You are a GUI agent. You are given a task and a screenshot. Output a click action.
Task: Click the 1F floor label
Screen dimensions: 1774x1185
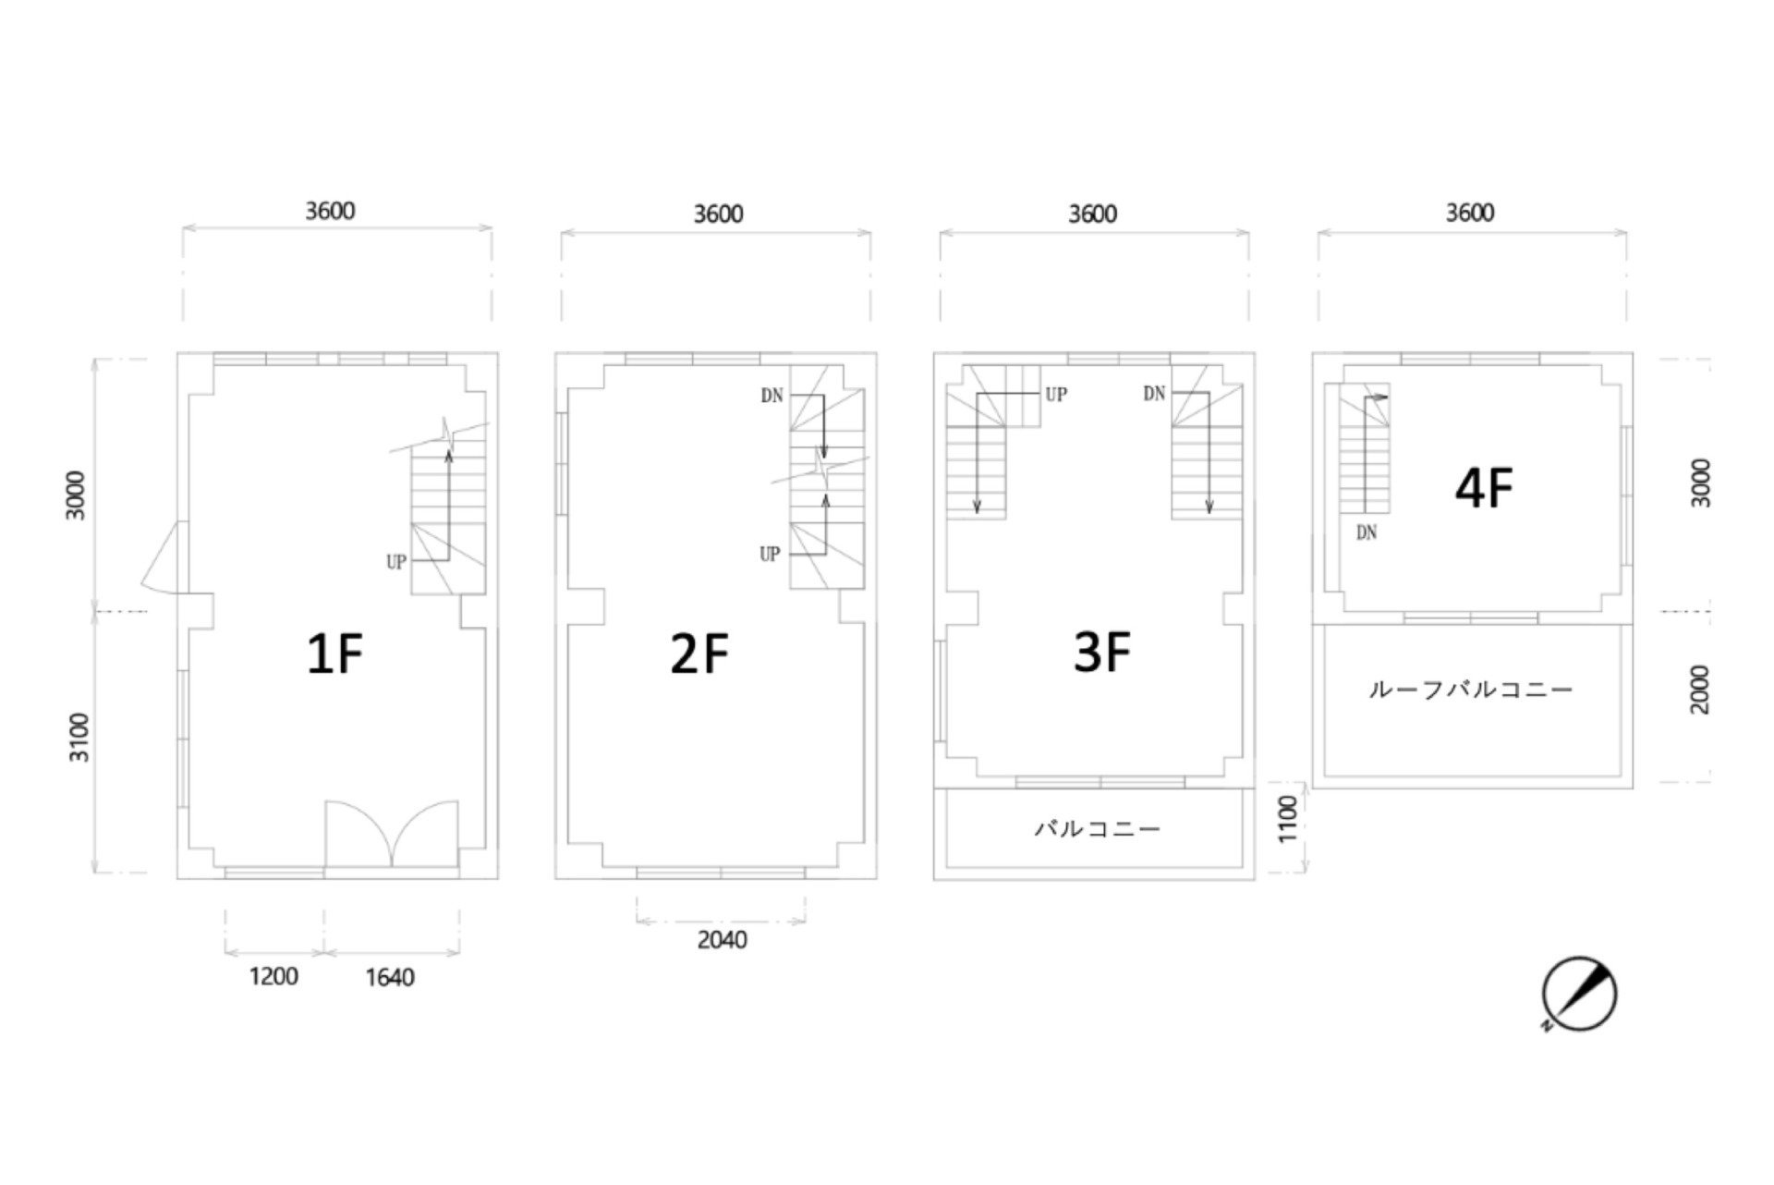pyautogui.click(x=334, y=654)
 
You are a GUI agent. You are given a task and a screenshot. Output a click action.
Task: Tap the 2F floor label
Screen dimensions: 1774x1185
pyautogui.click(x=699, y=654)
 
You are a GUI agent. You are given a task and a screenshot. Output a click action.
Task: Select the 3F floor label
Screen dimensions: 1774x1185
pyautogui.click(x=1102, y=652)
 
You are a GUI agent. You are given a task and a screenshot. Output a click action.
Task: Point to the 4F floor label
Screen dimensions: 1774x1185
pyautogui.click(x=1484, y=488)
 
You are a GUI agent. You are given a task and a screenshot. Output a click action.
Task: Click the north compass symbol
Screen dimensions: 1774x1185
pyautogui.click(x=1579, y=995)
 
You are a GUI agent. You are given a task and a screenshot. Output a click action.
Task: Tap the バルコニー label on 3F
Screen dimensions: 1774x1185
pyautogui.click(x=1097, y=828)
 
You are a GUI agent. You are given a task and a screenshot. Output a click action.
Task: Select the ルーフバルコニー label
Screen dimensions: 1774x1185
pyautogui.click(x=1470, y=690)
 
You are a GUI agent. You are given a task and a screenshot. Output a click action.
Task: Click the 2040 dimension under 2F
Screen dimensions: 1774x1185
pyautogui.click(x=722, y=940)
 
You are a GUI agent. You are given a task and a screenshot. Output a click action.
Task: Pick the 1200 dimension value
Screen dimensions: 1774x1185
pyautogui.click(x=273, y=976)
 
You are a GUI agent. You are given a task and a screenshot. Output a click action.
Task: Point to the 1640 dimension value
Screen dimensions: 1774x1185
pyautogui.click(x=390, y=977)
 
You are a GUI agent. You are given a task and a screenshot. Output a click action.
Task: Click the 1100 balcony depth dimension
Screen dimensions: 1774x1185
pyautogui.click(x=1287, y=819)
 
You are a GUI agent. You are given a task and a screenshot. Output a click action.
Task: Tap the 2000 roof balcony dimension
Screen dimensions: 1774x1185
pyautogui.click(x=1699, y=690)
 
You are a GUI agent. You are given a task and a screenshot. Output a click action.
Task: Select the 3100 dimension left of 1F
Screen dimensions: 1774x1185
pyautogui.click(x=80, y=737)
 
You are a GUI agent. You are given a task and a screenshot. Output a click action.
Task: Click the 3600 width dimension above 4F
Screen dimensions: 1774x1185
pyautogui.click(x=1470, y=213)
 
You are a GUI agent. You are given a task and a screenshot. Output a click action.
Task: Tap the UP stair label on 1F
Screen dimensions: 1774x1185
pyautogui.click(x=395, y=562)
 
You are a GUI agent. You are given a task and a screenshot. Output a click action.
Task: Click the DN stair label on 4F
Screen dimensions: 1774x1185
pyautogui.click(x=1367, y=532)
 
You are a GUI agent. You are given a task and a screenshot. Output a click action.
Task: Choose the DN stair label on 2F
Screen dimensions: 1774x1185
pyautogui.click(x=772, y=396)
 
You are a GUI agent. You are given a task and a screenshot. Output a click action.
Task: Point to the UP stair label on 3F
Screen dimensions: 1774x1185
pyautogui.click(x=1056, y=395)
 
